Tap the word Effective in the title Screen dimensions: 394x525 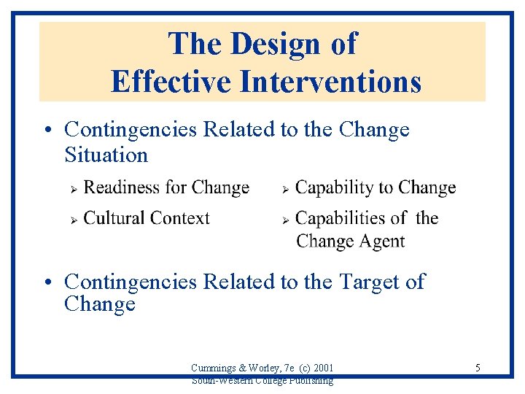(x=171, y=81)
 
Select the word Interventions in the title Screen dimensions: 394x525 (x=331, y=81)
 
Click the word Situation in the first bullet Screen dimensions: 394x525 (x=106, y=155)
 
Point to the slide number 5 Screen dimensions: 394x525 (x=478, y=368)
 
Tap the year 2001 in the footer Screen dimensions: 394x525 (x=322, y=367)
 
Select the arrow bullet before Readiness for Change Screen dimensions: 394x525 (x=73, y=189)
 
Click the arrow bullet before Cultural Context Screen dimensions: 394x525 (x=73, y=219)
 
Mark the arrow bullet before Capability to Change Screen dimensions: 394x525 (x=286, y=189)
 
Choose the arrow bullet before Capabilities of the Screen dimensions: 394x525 (x=286, y=219)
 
